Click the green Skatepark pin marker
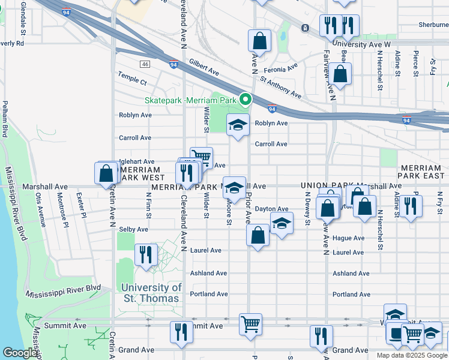click(x=245, y=100)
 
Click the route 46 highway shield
click(x=145, y=64)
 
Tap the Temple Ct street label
click(x=132, y=80)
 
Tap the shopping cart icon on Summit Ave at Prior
click(x=250, y=324)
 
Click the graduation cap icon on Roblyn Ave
click(x=238, y=125)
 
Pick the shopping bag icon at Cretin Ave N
click(x=106, y=173)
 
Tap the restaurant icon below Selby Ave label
click(x=145, y=254)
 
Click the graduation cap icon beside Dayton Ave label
click(x=281, y=223)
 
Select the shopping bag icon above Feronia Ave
click(x=259, y=41)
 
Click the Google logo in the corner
click(x=20, y=353)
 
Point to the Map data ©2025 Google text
click(x=411, y=355)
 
